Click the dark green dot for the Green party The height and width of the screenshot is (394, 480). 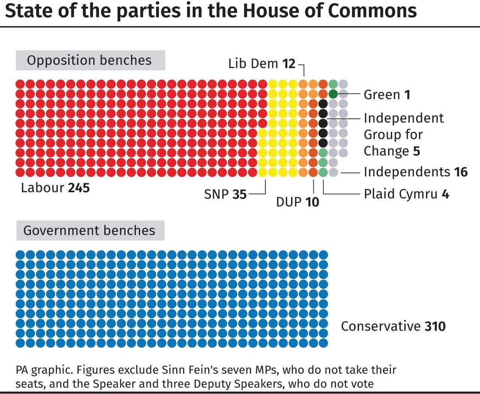(x=333, y=94)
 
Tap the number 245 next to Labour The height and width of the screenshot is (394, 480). (x=79, y=187)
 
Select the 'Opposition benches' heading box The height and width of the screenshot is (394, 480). (x=90, y=60)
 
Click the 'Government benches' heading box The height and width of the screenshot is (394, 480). (x=90, y=230)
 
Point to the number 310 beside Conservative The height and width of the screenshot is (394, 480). (x=435, y=326)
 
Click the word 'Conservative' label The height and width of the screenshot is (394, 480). (x=381, y=326)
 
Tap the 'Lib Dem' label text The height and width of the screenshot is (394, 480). (x=253, y=64)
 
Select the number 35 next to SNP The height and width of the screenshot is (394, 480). (x=239, y=194)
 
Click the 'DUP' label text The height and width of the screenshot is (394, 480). (x=289, y=202)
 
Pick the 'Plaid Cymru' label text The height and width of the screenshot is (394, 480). (x=400, y=194)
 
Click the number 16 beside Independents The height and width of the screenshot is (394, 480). (x=460, y=172)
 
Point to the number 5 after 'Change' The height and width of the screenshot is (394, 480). (x=416, y=151)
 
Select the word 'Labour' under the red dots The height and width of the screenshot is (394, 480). (x=42, y=187)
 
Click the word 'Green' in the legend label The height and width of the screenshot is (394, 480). (x=382, y=94)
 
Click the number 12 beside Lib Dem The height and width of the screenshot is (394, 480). (x=289, y=64)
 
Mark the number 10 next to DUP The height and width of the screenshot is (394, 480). (x=312, y=202)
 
